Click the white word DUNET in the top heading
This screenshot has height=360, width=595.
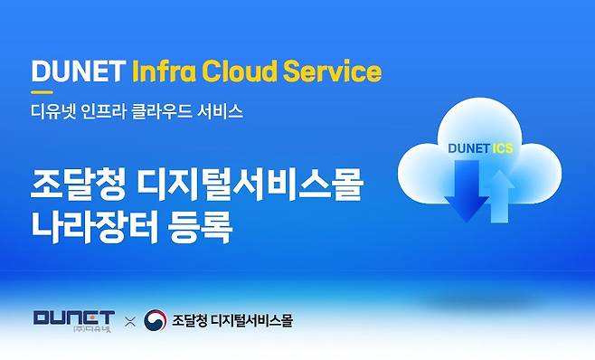click(78, 71)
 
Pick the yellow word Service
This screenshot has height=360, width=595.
click(332, 71)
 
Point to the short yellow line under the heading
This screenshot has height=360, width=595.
click(42, 92)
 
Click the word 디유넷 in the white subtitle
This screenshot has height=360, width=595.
click(53, 111)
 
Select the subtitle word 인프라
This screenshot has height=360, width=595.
click(103, 111)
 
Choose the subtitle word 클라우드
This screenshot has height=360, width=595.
click(162, 111)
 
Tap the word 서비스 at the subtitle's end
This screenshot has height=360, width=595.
click(220, 111)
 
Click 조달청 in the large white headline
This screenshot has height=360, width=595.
click(78, 185)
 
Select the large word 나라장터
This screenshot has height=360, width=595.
click(94, 226)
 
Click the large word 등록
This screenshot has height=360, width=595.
click(200, 226)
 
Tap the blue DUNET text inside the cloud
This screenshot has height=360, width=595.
click(468, 148)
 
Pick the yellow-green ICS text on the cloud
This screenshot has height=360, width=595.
click(503, 148)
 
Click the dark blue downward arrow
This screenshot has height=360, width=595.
click(467, 191)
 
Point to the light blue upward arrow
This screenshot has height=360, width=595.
click(499, 196)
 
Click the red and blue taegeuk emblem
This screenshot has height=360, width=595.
click(156, 320)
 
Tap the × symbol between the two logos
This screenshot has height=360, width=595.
click(130, 322)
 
